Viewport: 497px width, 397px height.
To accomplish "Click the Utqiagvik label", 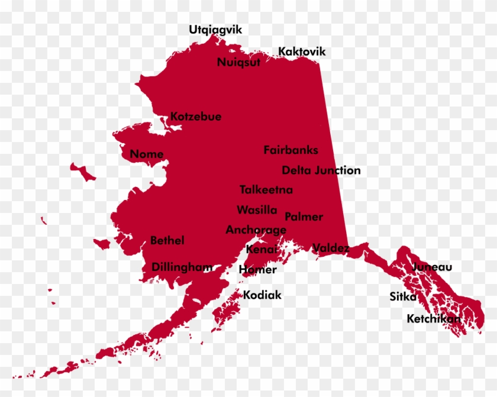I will click(x=215, y=30).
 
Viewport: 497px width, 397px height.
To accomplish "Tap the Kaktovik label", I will click(x=302, y=51).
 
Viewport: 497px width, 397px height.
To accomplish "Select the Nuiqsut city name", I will click(x=238, y=63).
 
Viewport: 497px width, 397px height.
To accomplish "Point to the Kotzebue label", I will click(x=196, y=117).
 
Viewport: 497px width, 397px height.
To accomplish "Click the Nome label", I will click(x=147, y=154).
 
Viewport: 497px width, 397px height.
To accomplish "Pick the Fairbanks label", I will click(x=291, y=150).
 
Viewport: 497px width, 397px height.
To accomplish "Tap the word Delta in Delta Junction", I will click(x=296, y=170).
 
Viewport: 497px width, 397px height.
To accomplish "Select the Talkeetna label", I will click(x=266, y=190).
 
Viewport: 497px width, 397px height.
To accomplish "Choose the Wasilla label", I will click(x=257, y=210).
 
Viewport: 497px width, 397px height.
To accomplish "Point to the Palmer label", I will click(x=304, y=217).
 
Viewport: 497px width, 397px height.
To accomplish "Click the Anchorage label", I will click(x=256, y=230).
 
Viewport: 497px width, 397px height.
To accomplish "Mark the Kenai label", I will click(x=261, y=250).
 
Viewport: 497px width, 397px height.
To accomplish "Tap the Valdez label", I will click(x=331, y=248).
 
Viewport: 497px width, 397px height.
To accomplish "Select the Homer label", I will click(x=257, y=270).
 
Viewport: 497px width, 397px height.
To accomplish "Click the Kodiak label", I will click(x=262, y=295).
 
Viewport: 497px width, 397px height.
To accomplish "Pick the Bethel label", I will click(x=167, y=240).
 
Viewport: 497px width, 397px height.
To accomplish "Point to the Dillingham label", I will click(x=182, y=267).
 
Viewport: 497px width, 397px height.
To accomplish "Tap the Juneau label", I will click(x=432, y=267).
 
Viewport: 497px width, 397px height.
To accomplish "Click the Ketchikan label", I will click(x=434, y=319).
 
